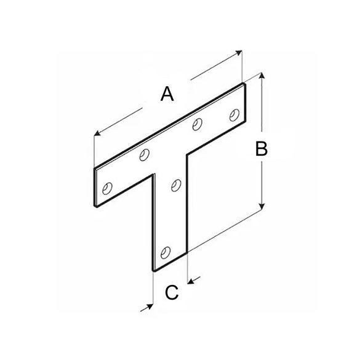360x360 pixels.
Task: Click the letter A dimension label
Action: pyautogui.click(x=166, y=94)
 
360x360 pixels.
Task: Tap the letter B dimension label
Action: pyautogui.click(x=261, y=148)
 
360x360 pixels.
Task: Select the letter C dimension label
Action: pyautogui.click(x=172, y=292)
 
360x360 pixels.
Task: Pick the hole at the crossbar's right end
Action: pyautogui.click(x=233, y=114)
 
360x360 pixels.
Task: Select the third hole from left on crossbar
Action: pyautogui.click(x=197, y=125)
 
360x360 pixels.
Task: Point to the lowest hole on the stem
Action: pyautogui.click(x=164, y=251)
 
